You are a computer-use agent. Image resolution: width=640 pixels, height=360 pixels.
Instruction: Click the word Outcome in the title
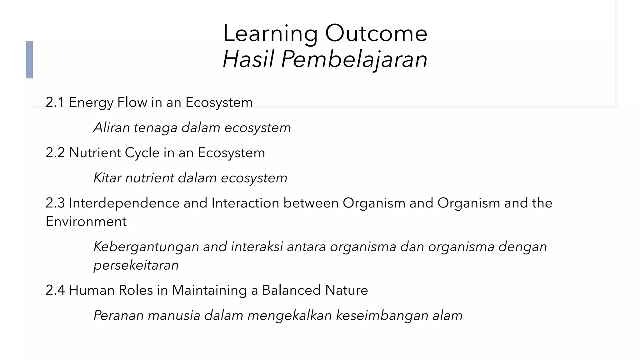point(376,33)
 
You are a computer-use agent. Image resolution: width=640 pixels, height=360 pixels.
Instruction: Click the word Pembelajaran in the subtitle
point(354,59)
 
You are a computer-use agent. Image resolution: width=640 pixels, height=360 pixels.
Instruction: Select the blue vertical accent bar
point(29,60)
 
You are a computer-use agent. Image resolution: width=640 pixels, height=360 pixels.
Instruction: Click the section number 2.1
point(55,102)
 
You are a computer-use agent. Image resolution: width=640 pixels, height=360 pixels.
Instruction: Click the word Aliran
point(112,127)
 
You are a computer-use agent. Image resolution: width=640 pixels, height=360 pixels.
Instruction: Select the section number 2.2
point(55,153)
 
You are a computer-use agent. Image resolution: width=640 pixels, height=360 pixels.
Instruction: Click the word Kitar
point(107,178)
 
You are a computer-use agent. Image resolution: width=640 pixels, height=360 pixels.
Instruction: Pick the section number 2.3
point(55,203)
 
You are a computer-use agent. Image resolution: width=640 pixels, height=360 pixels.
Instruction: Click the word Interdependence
point(124,203)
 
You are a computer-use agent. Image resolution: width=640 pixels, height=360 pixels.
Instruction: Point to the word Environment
point(86,222)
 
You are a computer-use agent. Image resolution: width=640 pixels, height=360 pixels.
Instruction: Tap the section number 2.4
point(55,290)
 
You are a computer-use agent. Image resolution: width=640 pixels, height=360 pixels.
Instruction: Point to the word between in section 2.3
point(311,203)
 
